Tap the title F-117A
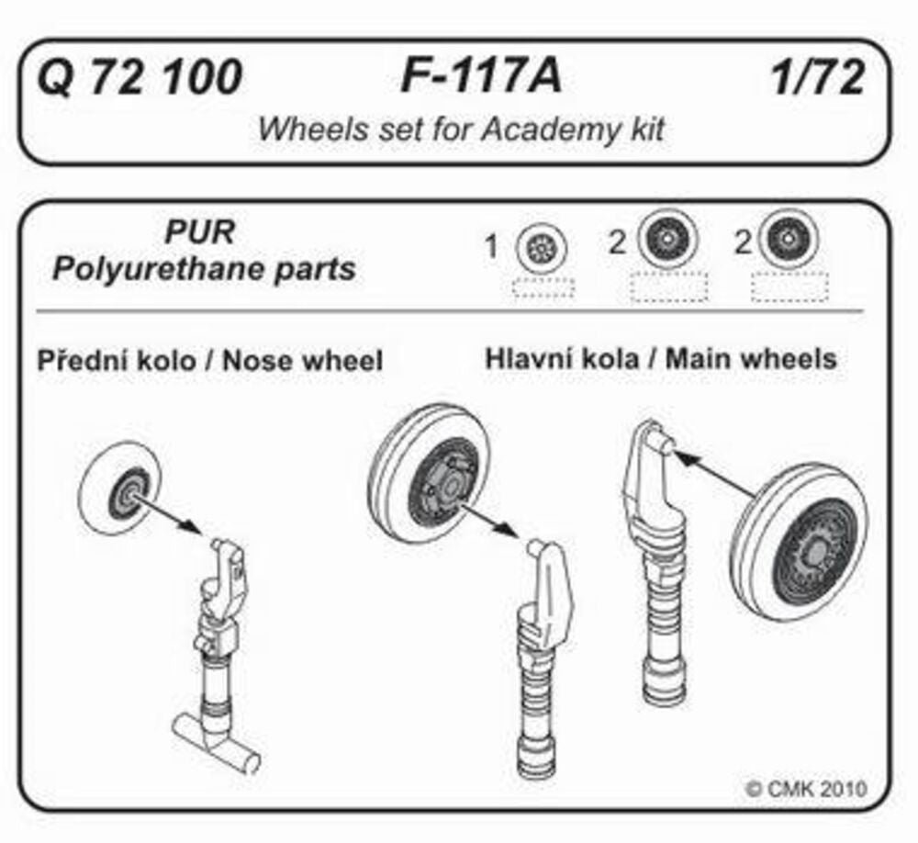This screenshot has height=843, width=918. (x=480, y=78)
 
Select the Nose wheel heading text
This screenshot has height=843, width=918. (x=304, y=361)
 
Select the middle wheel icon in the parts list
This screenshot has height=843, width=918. (x=666, y=241)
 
